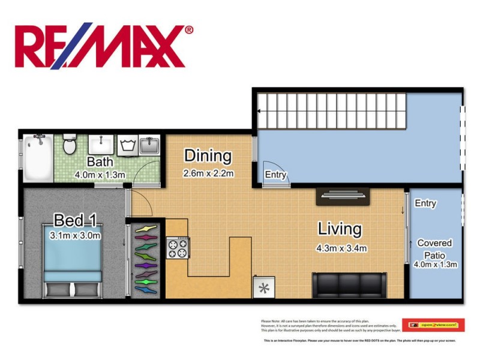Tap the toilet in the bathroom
click(x=70, y=145)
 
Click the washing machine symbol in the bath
click(x=127, y=145)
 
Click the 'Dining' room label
click(x=208, y=156)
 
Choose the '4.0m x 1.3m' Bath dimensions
click(x=100, y=175)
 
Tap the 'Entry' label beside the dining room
click(x=275, y=175)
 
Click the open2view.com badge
click(x=433, y=325)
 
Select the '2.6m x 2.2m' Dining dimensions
click(x=208, y=173)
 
